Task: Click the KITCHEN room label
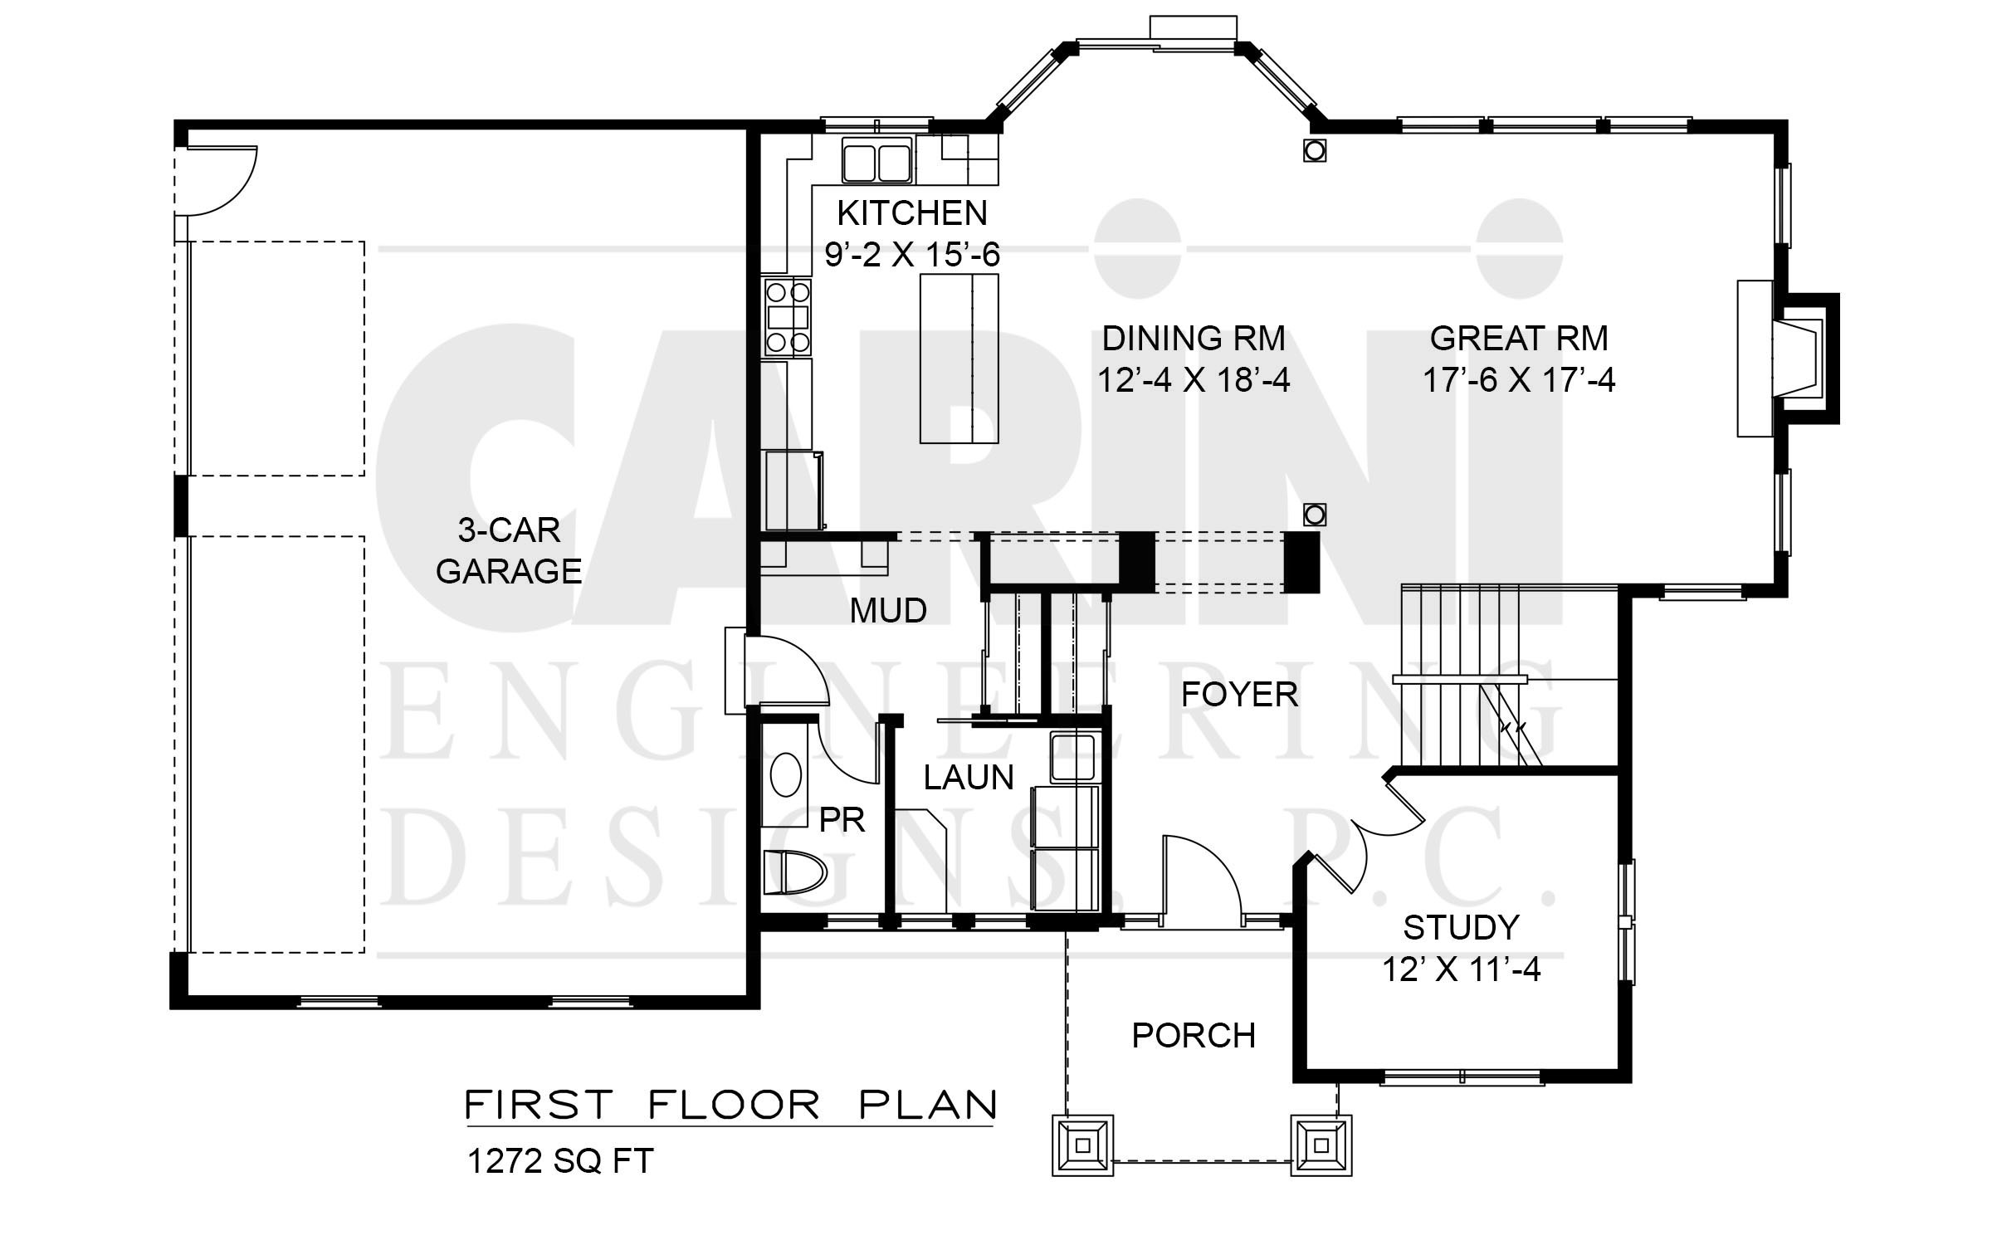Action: coord(911,214)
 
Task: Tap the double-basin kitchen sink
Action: coord(877,160)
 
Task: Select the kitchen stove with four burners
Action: coord(788,318)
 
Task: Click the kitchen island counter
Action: coord(959,359)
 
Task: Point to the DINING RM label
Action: coord(1194,339)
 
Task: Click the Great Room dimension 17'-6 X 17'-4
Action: coord(1519,381)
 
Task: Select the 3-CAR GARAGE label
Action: coord(509,550)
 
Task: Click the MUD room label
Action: coord(888,611)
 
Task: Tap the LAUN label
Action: coord(969,778)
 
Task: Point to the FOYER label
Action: coord(1239,695)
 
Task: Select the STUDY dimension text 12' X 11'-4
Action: coord(1461,969)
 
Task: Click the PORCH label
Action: coord(1194,1036)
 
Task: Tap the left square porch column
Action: coord(1082,1145)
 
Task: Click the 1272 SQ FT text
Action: coord(560,1161)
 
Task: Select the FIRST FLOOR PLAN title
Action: coord(730,1105)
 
